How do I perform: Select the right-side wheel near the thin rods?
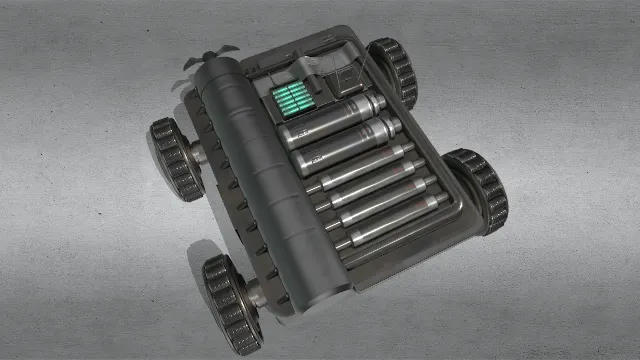point(478,190)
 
